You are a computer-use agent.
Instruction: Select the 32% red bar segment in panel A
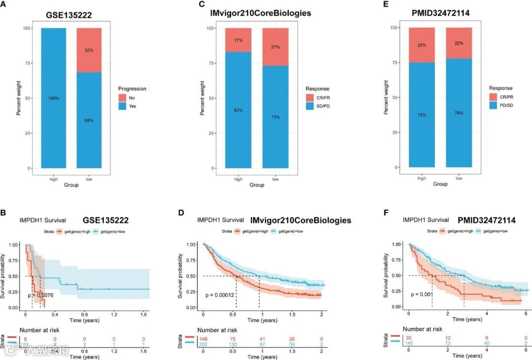tap(89, 50)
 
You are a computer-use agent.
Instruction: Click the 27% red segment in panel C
tap(275, 47)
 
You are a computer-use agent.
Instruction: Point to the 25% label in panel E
tap(422, 45)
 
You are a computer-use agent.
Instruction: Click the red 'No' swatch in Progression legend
tap(122, 98)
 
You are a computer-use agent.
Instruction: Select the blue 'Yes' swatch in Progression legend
tap(122, 106)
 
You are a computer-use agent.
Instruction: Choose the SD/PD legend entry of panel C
tap(317, 106)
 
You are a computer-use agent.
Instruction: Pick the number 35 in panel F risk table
tap(409, 338)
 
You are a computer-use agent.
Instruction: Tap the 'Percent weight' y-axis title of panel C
tap(203, 98)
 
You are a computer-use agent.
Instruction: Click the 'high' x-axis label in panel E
tap(422, 178)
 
